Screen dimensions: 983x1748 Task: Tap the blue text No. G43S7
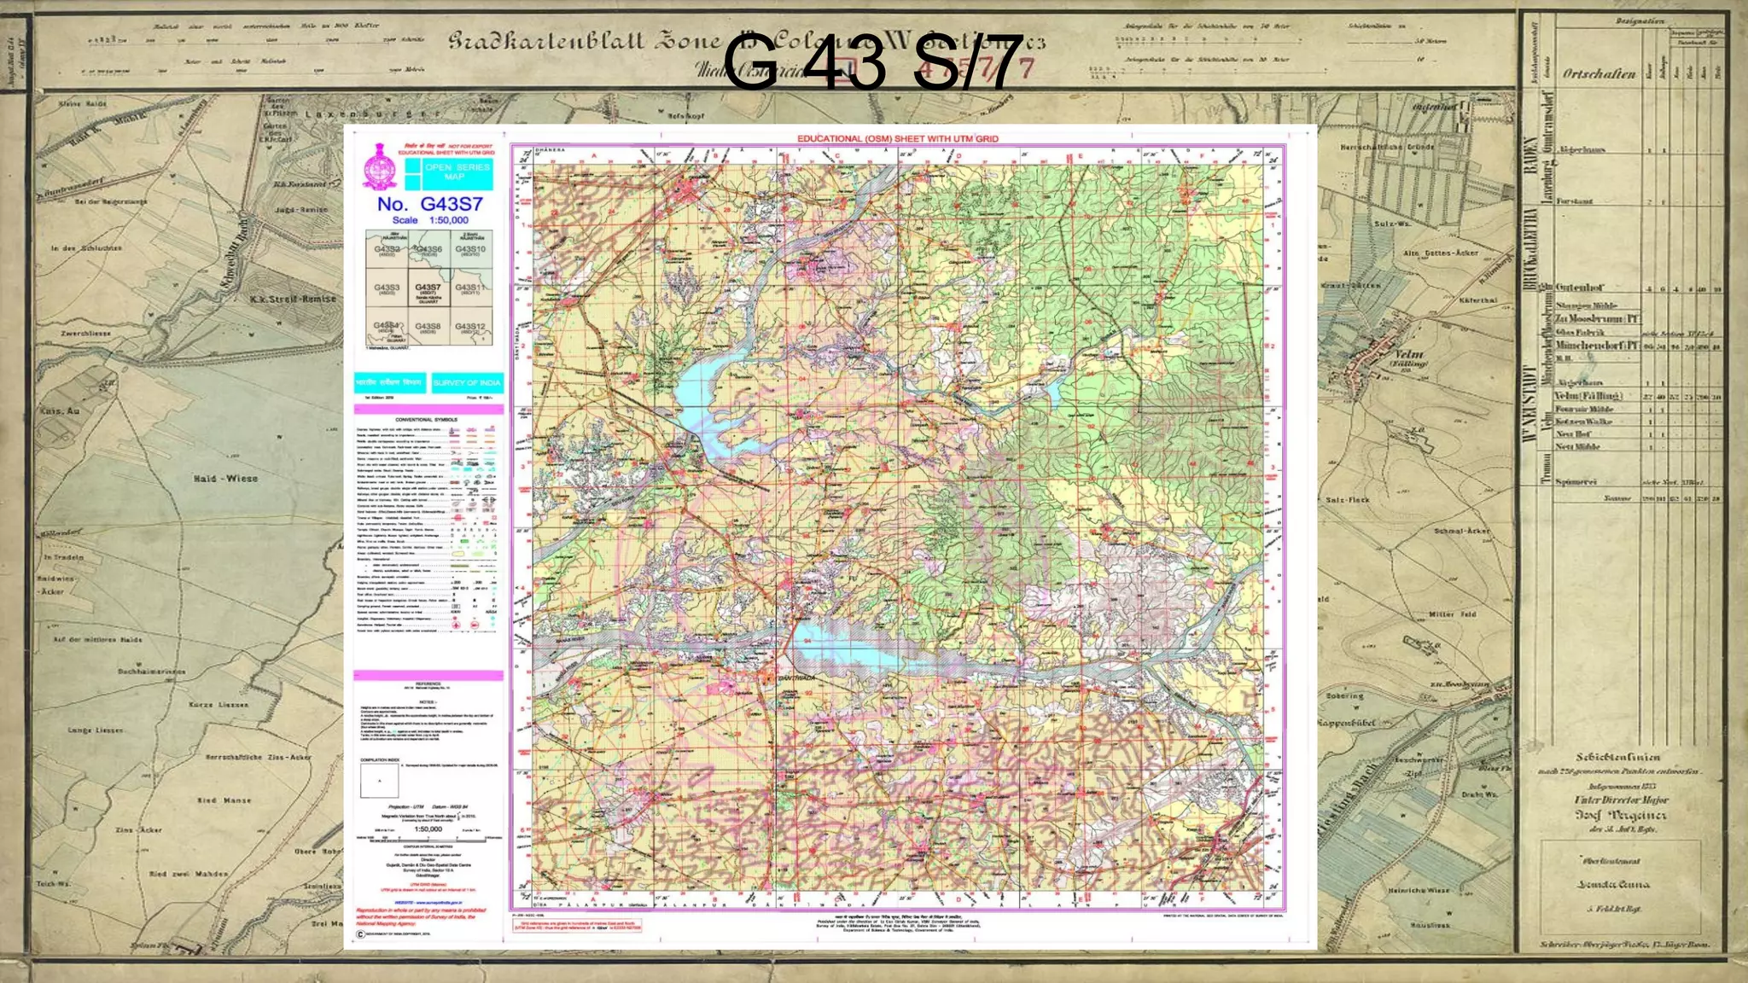pyautogui.click(x=429, y=204)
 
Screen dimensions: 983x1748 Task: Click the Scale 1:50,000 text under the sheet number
pyautogui.click(x=429, y=220)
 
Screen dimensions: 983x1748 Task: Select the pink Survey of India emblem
pyautogui.click(x=379, y=166)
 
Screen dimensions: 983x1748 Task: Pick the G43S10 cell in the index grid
pyautogui.click(x=470, y=250)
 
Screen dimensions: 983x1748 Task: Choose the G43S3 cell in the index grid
pyautogui.click(x=387, y=288)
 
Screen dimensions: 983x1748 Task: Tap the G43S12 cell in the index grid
pyautogui.click(x=470, y=328)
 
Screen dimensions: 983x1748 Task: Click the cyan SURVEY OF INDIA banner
pyautogui.click(x=467, y=383)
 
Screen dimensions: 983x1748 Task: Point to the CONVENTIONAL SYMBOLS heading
pyautogui.click(x=426, y=420)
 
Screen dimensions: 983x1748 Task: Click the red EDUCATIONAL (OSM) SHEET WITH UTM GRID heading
pyautogui.click(x=897, y=138)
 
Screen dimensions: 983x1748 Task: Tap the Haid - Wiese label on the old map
pyautogui.click(x=224, y=479)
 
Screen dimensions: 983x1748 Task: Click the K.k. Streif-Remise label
pyautogui.click(x=293, y=300)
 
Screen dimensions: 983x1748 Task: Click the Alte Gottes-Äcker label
pyautogui.click(x=1440, y=253)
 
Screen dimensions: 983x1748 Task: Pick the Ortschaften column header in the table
pyautogui.click(x=1599, y=74)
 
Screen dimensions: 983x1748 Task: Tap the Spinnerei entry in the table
pyautogui.click(x=1575, y=482)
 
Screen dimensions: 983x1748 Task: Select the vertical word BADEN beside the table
pyautogui.click(x=1529, y=155)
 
